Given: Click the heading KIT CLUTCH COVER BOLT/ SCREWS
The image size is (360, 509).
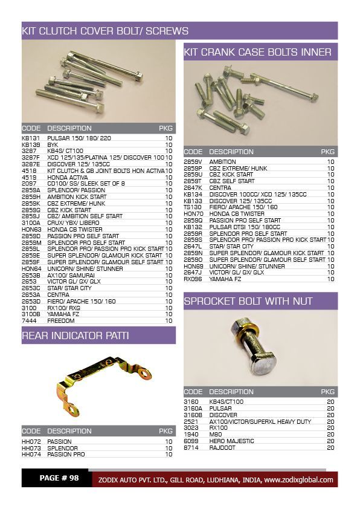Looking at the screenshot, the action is pyautogui.click(x=105, y=31).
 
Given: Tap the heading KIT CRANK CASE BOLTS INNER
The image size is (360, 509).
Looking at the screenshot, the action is pyautogui.click(x=257, y=52).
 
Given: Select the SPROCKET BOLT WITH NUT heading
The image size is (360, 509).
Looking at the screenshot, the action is pyautogui.click(x=248, y=301).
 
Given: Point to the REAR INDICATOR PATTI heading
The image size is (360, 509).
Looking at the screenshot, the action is pyautogui.click(x=76, y=336).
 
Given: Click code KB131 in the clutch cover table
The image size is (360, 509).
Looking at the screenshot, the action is pyautogui.click(x=30, y=138).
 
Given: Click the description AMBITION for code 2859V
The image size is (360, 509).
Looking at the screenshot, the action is pyautogui.click(x=223, y=162).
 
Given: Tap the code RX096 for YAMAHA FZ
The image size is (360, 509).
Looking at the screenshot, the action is pyautogui.click(x=193, y=279).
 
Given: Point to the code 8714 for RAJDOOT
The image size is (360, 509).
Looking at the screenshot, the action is pyautogui.click(x=191, y=448).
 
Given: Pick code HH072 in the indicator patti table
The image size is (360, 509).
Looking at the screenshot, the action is pyautogui.click(x=30, y=442).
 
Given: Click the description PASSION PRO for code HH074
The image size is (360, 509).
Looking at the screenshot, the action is pyautogui.click(x=66, y=454).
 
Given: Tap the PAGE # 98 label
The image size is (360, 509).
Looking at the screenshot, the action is pyautogui.click(x=59, y=478).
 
